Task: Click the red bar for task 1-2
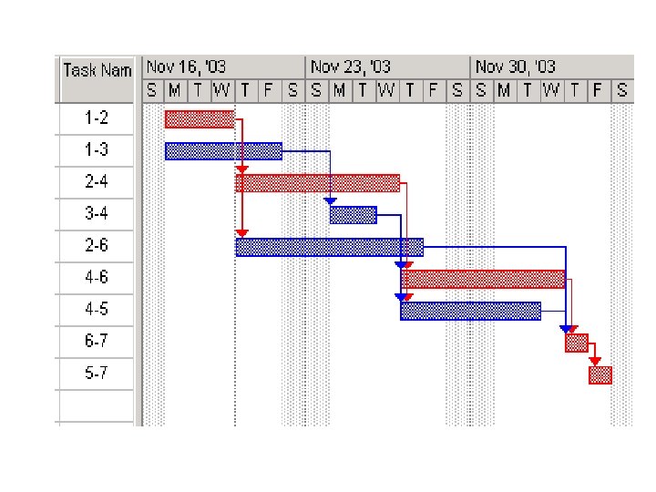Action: pos(200,118)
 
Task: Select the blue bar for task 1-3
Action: pos(223,150)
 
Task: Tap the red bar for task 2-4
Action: pos(317,183)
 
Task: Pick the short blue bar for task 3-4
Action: pos(353,215)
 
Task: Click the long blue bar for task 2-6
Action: pos(329,247)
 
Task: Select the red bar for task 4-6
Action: pos(483,279)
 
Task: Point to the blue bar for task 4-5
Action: pos(470,311)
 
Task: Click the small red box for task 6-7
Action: pos(576,343)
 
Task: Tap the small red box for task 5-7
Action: pos(600,374)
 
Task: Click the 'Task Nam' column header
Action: pos(97,69)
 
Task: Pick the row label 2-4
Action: pos(97,182)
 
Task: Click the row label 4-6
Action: pos(97,278)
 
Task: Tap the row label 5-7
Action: pos(97,374)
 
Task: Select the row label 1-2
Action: pos(97,118)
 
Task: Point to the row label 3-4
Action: pos(97,214)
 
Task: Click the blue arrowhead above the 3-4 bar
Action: pos(330,201)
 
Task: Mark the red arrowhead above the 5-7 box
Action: pos(595,362)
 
